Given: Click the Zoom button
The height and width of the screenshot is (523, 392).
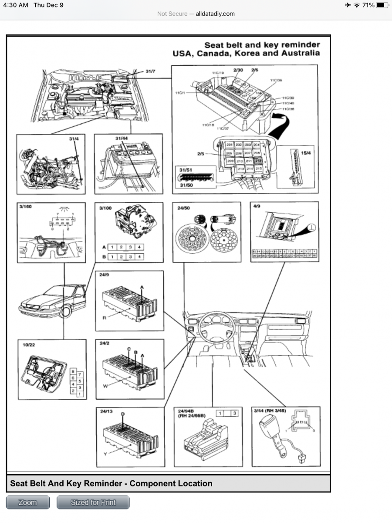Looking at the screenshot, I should (x=27, y=502).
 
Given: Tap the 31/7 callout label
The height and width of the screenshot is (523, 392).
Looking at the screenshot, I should (x=150, y=71).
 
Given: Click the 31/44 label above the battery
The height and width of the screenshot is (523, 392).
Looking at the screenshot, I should (x=122, y=138).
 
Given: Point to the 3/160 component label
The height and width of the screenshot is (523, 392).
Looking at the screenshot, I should (x=26, y=207).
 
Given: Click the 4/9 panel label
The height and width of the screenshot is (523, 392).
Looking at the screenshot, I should (x=257, y=206).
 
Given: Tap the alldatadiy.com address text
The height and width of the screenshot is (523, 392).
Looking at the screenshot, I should (x=215, y=14).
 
